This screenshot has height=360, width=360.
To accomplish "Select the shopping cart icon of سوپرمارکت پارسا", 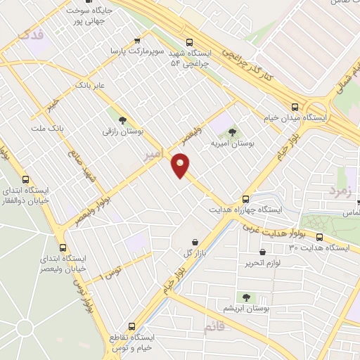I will click(136, 41).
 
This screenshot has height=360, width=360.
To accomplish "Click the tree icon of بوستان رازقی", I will click(122, 120).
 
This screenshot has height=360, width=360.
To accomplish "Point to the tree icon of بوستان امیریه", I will click(232, 132).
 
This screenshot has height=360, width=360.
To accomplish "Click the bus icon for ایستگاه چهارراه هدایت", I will click(245, 199).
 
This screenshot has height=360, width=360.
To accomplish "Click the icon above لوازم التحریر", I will click(262, 252).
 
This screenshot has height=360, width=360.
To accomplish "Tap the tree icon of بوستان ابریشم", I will click(246, 297).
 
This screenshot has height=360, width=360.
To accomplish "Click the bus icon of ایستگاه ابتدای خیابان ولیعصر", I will click(63, 247).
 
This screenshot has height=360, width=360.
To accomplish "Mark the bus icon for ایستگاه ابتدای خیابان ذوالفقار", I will click(26, 179).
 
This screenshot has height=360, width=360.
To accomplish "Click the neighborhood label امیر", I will click(153, 153).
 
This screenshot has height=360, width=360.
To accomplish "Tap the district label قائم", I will click(210, 328).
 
